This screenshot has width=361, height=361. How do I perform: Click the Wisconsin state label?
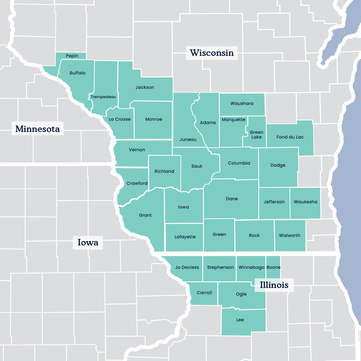212,53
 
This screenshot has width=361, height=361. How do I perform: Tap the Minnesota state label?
38,129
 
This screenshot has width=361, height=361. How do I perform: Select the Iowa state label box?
88,243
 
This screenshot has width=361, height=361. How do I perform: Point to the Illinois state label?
274,285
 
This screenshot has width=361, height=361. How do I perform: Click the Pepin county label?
72,56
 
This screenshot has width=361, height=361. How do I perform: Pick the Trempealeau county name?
104,97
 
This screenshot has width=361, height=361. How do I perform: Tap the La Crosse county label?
120,119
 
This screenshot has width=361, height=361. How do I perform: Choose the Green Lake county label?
256,134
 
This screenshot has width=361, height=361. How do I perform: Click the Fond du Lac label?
290,137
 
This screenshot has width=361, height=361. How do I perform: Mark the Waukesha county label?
305,202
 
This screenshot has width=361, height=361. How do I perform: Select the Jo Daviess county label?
187,267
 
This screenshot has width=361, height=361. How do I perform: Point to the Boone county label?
273,267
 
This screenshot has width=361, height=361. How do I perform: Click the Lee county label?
240,320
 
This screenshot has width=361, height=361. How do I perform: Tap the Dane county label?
232,199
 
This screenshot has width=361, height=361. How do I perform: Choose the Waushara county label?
242,104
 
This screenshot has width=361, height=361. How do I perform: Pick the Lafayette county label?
185,237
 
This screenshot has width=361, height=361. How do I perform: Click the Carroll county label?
204,293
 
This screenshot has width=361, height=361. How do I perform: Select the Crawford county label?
137,183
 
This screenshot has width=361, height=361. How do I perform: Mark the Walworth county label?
290,236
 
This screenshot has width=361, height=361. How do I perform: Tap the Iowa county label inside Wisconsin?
183,207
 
